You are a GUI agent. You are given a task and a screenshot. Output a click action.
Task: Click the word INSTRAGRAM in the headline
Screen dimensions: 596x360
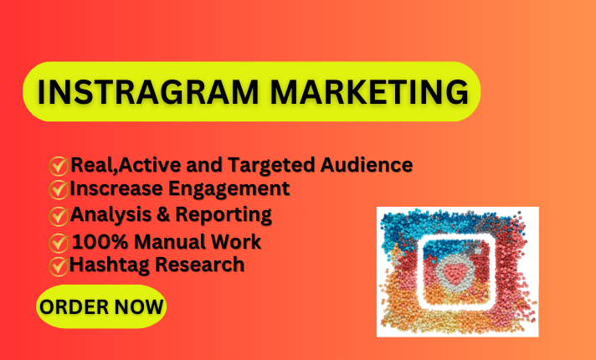tap(148, 92)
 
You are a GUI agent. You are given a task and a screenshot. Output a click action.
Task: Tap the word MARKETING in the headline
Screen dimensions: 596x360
tap(369, 92)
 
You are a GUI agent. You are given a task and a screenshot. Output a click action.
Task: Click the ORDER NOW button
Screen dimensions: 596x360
tap(101, 306)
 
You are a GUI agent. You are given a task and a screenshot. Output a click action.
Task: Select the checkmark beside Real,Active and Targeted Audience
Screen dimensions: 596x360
tap(58, 166)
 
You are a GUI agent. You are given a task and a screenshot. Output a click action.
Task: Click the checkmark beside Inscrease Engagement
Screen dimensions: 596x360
tap(58, 190)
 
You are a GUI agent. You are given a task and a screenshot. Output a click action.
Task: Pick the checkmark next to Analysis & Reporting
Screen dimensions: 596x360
tap(58, 216)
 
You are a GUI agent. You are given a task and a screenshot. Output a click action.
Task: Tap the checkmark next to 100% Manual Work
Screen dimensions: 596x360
tap(58, 244)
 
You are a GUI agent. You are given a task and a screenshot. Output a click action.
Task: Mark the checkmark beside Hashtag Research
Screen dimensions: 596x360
tap(58, 266)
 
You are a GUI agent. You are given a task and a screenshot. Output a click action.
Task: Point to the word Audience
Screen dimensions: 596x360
tap(367, 165)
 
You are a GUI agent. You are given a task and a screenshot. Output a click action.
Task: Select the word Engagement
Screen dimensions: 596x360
tap(229, 190)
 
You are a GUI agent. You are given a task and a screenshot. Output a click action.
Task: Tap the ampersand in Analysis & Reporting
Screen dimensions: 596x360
tap(163, 215)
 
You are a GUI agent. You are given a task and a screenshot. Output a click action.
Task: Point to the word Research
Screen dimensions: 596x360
tap(200, 265)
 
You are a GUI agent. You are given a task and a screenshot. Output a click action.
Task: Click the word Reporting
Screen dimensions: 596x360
tap(223, 216)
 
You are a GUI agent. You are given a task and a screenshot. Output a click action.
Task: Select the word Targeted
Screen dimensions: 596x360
tap(271, 166)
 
